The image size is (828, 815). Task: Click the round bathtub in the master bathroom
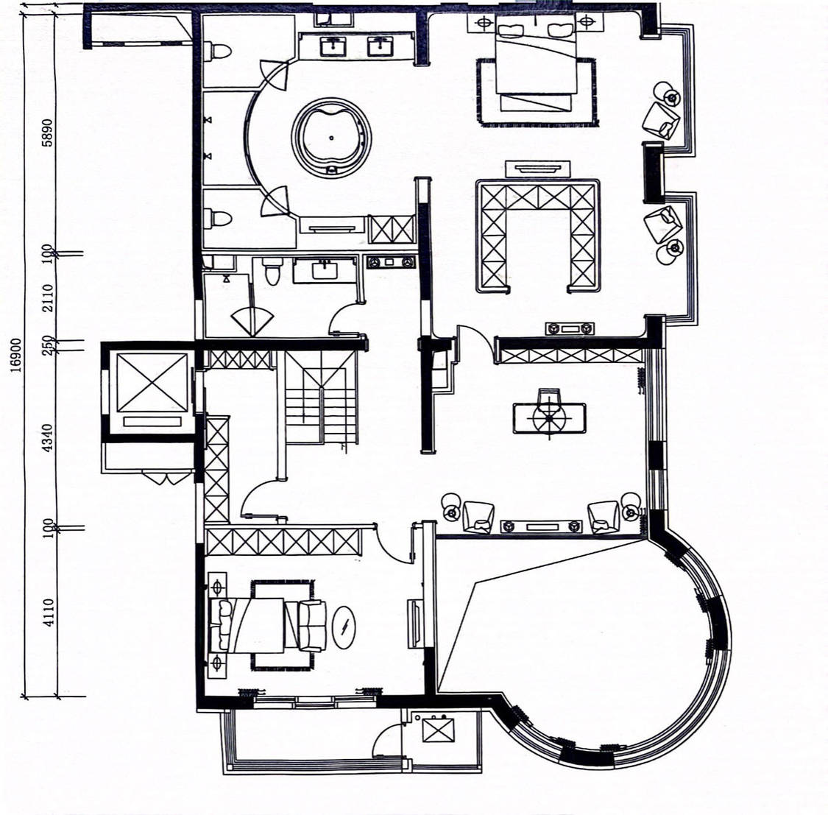(331, 138)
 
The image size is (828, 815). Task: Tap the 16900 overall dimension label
(16, 355)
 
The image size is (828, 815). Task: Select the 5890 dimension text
(48, 132)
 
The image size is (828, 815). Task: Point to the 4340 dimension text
(48, 437)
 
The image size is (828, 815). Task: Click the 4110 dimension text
(48, 613)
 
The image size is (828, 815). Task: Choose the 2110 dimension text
(48, 298)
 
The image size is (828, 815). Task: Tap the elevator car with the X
(152, 382)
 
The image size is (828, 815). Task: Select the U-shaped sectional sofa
(537, 236)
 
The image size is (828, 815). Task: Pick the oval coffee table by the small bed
(344, 627)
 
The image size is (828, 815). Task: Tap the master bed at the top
(536, 63)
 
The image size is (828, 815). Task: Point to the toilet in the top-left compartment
(218, 52)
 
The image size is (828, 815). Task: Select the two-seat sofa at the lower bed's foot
(311, 626)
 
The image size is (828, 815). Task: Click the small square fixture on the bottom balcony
(439, 730)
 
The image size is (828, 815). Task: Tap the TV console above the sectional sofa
(537, 169)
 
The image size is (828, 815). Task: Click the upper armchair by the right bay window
(661, 121)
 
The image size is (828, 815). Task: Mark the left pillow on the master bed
(511, 29)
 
